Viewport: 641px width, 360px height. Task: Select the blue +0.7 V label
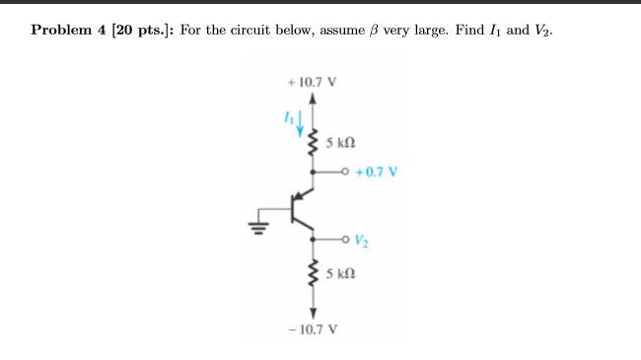380,171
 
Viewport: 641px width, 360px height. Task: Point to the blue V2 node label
363,238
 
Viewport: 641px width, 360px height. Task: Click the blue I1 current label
289,116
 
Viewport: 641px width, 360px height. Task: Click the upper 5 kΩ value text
340,143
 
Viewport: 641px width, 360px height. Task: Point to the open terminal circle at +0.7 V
346,171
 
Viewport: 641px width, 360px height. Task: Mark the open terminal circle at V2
346,238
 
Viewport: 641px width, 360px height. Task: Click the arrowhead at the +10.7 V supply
314,99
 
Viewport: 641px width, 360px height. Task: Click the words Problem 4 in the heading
68,30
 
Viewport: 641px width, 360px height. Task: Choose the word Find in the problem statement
471,30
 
